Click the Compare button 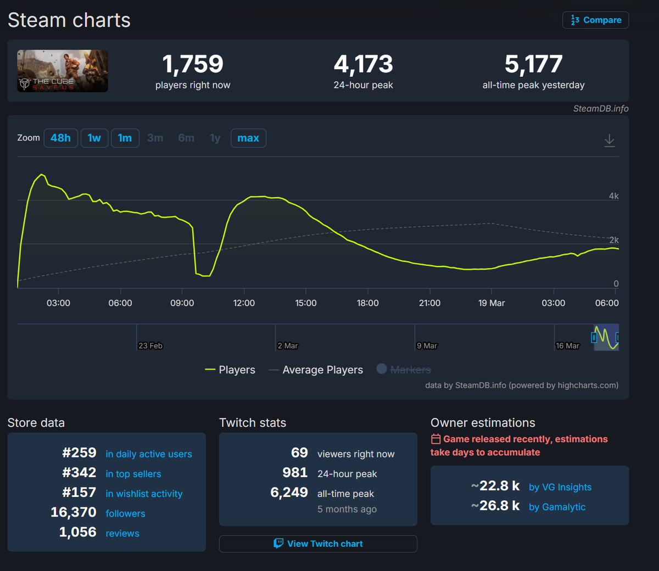pos(596,20)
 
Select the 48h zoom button pos(60,138)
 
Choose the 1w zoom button pos(94,138)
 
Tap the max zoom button pos(248,138)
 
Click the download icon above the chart pos(610,141)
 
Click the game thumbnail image pos(63,71)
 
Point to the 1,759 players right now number pos(193,64)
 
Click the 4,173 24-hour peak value pos(364,64)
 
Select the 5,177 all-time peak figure pos(534,64)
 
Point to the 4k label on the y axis pos(613,196)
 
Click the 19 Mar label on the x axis pos(492,303)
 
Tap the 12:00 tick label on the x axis pos(244,303)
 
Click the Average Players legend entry pos(322,370)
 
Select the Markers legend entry pos(410,370)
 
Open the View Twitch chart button pos(319,544)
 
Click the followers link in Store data pos(125,513)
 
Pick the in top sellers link pos(133,474)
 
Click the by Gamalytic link pos(557,507)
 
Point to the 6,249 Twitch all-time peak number pos(289,492)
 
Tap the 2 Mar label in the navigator pos(288,346)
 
